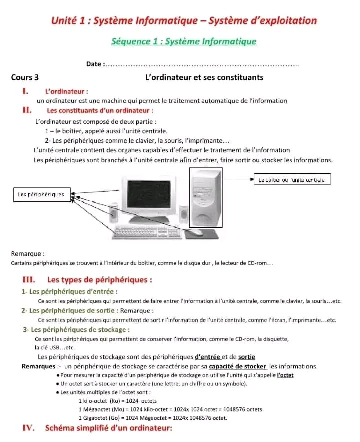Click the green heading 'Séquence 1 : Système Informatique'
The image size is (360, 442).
[184, 41]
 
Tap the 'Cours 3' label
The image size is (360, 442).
[25, 77]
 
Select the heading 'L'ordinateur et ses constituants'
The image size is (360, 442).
[204, 77]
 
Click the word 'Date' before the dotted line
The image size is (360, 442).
[94, 64]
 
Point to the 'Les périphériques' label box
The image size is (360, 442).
[42, 195]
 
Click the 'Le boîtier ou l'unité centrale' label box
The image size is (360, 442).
[292, 179]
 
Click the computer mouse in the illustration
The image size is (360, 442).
[195, 232]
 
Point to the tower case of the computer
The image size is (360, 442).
[206, 198]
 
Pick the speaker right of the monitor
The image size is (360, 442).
[184, 214]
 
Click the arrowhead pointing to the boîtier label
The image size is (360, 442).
[252, 179]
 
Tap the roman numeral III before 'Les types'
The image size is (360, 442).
[29, 280]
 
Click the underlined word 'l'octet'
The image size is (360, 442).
[285, 375]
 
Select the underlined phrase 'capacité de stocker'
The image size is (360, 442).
[237, 366]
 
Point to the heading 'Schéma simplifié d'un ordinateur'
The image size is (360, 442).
[109, 428]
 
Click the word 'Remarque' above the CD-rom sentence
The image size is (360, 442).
[26, 254]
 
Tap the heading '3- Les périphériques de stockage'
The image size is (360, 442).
[76, 330]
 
